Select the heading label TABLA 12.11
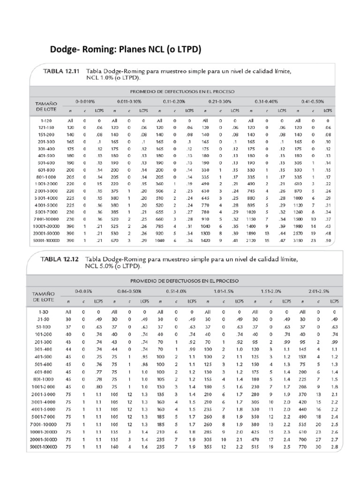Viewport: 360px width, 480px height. pyautogui.click(x=61, y=71)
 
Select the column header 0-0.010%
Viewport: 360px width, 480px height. pyautogui.click(x=85, y=101)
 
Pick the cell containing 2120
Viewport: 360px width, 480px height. pyautogui.click(x=252, y=240)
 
